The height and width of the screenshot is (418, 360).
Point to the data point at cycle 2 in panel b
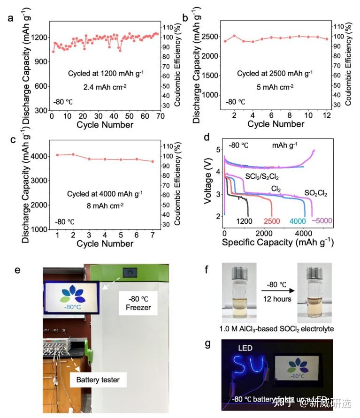click(x=234, y=36)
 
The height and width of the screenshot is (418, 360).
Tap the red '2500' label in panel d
click(x=272, y=221)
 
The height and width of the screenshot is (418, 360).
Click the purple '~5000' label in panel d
click(x=322, y=221)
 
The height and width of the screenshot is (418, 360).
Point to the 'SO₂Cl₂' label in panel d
click(x=315, y=192)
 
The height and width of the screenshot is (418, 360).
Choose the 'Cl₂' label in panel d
click(x=276, y=188)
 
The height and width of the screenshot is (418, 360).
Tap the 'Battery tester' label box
click(x=98, y=380)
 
